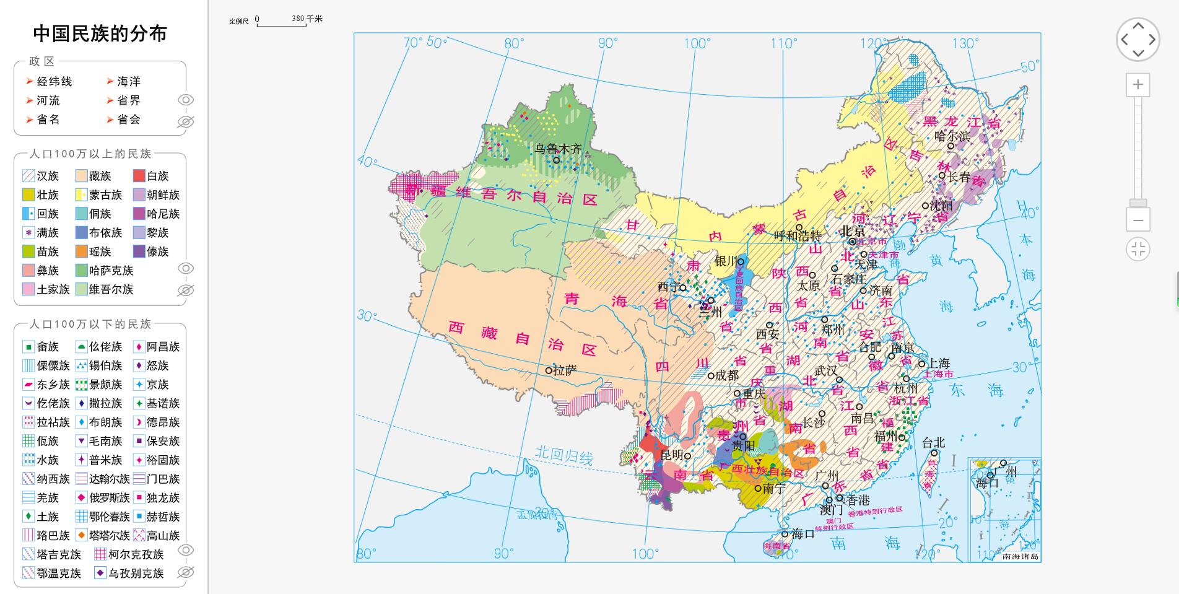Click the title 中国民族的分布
pos(100,33)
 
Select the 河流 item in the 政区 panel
pos(48,100)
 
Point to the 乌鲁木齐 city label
pos(559,149)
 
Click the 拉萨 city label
pos(564,370)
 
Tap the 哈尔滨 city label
pos(952,136)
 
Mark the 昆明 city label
pos(672,455)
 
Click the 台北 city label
pos(933,442)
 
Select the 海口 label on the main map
pos(803,533)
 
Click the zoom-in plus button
pos(1138,85)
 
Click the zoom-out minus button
pos(1138,220)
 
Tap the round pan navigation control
pos(1138,39)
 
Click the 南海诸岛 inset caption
pos(1019,556)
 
